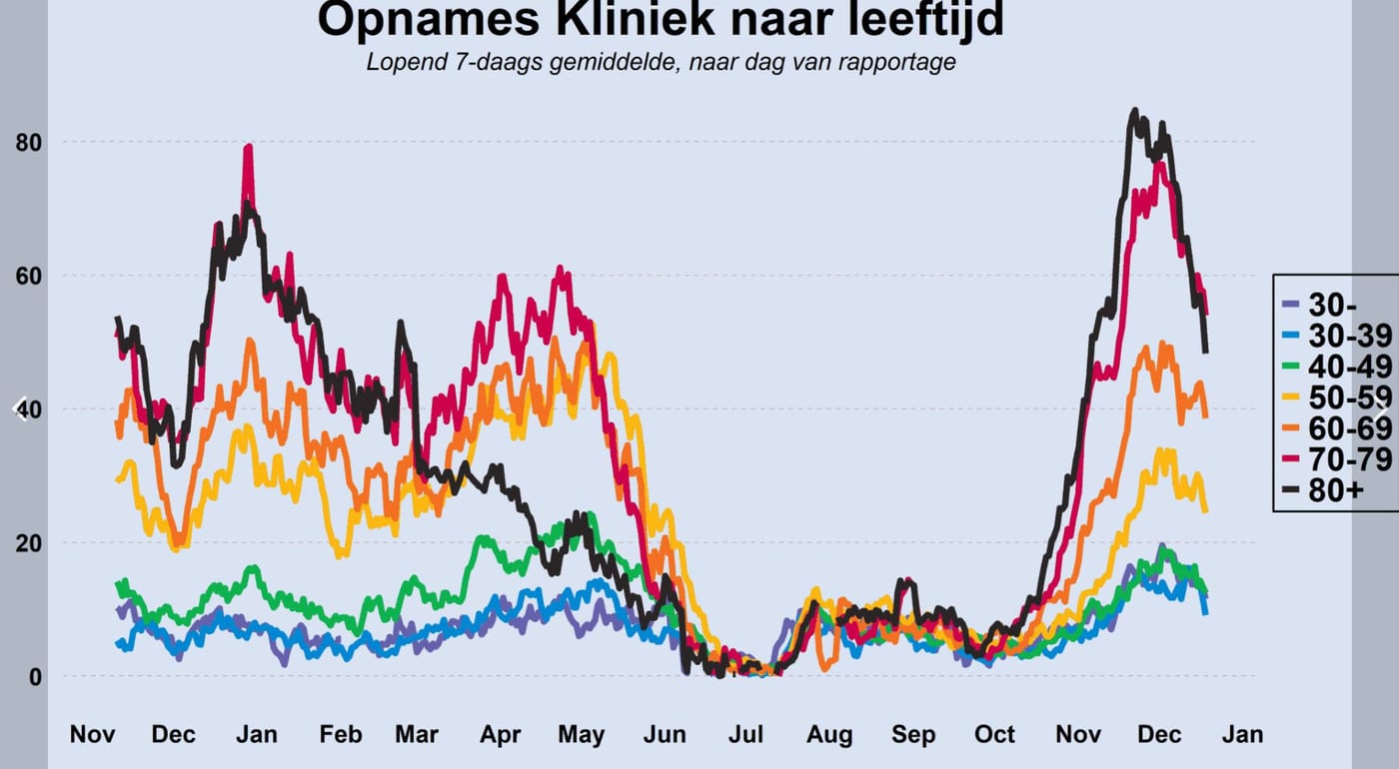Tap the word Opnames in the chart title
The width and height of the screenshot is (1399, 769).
pyautogui.click(x=429, y=20)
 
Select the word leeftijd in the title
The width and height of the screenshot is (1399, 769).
pyautogui.click(x=926, y=20)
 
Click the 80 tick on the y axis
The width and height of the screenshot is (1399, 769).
pyautogui.click(x=29, y=143)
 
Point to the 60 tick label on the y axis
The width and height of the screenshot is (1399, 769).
pyautogui.click(x=29, y=276)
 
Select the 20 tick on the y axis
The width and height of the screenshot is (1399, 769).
pyautogui.click(x=29, y=543)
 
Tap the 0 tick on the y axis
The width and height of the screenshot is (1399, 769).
pyautogui.click(x=36, y=677)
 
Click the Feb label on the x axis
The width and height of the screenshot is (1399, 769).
pyautogui.click(x=341, y=734)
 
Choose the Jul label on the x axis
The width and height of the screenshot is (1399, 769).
pyautogui.click(x=745, y=734)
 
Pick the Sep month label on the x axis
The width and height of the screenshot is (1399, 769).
pyautogui.click(x=913, y=735)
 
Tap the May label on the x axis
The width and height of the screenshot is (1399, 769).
pyautogui.click(x=581, y=735)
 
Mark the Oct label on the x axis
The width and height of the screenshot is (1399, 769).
pyautogui.click(x=995, y=734)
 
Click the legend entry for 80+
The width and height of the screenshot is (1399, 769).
pyautogui.click(x=1323, y=490)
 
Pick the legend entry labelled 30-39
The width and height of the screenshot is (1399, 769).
pyautogui.click(x=1337, y=337)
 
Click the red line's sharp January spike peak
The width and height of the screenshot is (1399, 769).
pyautogui.click(x=249, y=147)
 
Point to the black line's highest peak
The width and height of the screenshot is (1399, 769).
pyautogui.click(x=1135, y=111)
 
